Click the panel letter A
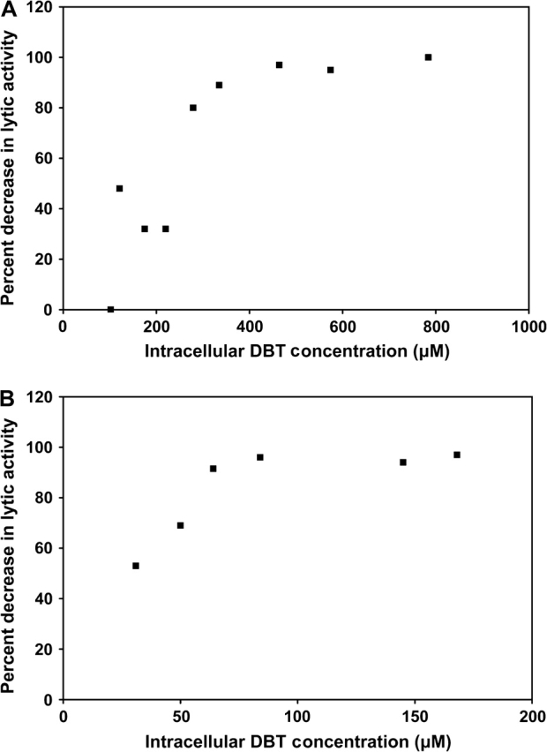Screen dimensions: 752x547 7,8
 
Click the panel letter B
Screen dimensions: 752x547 7,388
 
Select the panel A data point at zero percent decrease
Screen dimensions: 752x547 110,310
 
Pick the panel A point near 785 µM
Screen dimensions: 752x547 428,57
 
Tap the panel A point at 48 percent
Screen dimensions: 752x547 119,189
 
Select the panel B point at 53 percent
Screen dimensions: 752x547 136,566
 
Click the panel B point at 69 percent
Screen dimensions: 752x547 180,525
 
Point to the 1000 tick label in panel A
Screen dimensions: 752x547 528,325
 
